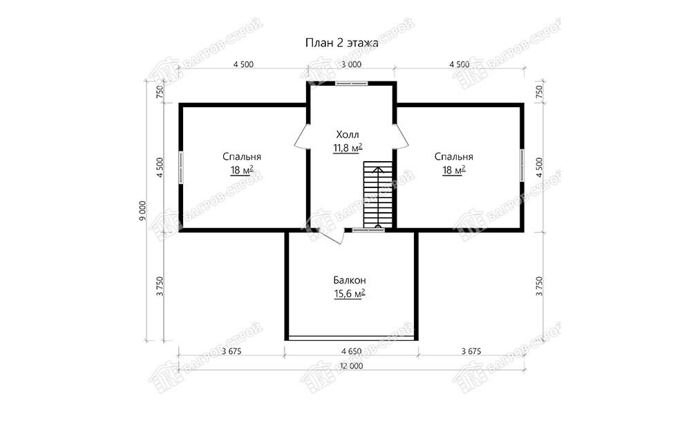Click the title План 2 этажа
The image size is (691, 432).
(x=342, y=43)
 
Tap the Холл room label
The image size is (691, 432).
(x=348, y=135)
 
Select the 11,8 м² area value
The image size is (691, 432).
(x=348, y=148)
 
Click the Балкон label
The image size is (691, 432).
(x=350, y=281)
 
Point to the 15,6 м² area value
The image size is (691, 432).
(x=350, y=293)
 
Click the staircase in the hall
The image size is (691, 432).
(x=378, y=195)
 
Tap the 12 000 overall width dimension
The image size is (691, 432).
(x=351, y=366)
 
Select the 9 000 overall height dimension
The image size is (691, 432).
(x=142, y=212)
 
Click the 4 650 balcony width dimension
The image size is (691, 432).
(x=351, y=351)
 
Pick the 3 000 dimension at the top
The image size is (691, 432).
(x=351, y=64)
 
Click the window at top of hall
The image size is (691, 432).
(x=351, y=83)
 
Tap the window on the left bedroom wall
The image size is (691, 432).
(x=180, y=167)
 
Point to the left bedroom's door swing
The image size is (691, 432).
(x=301, y=136)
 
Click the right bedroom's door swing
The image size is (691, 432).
(x=401, y=136)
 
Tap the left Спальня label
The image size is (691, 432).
(x=241, y=157)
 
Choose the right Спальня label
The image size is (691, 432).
(x=453, y=157)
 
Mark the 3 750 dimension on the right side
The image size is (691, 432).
(x=540, y=286)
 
